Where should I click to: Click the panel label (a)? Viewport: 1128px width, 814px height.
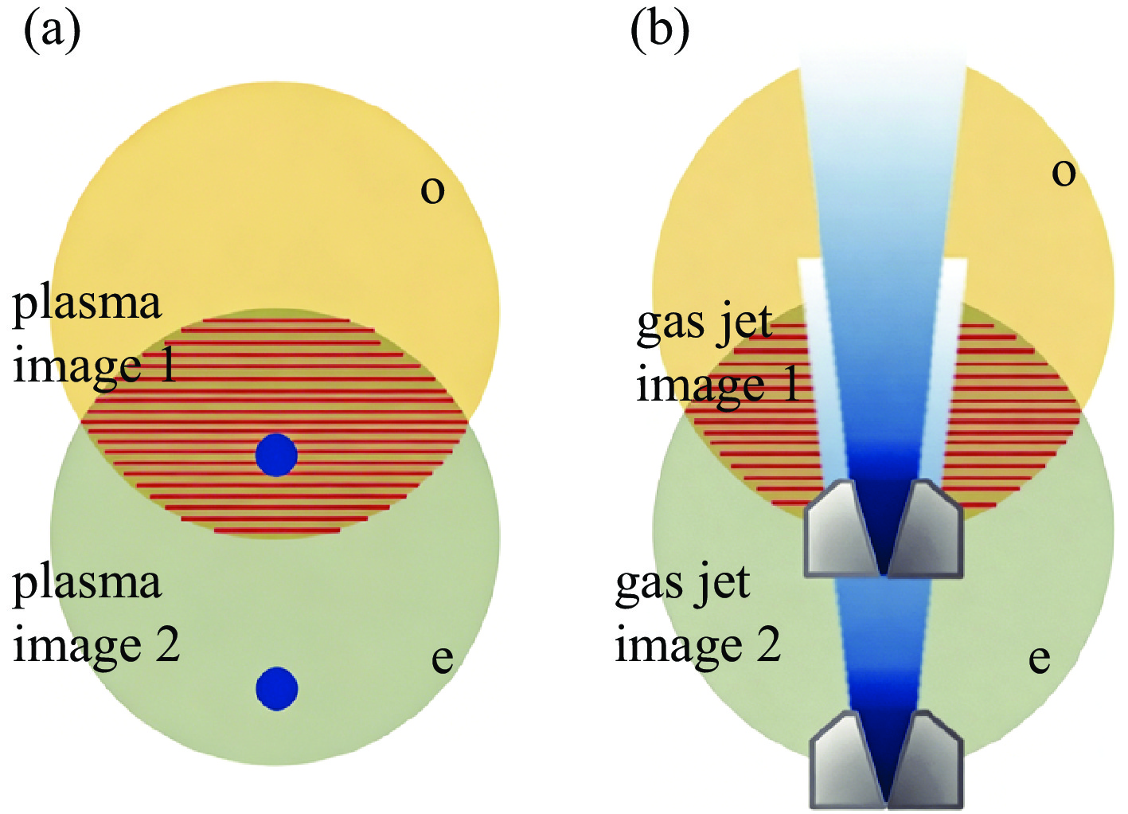pyautogui.click(x=53, y=32)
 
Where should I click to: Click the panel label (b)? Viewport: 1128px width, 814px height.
pyautogui.click(x=660, y=32)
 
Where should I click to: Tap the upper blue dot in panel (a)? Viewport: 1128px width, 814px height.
pyautogui.click(x=276, y=455)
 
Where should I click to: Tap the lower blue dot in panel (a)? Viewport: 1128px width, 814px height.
pyautogui.click(x=277, y=688)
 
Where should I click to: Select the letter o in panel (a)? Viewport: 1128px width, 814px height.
pyautogui.click(x=432, y=190)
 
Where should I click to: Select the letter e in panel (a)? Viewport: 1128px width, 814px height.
pyautogui.click(x=442, y=659)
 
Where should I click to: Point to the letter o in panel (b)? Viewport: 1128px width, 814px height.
pyautogui.click(x=1064, y=173)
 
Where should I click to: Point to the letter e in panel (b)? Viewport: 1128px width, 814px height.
pyautogui.click(x=1039, y=659)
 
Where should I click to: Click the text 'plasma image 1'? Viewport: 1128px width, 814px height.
pyautogui.click(x=94, y=335)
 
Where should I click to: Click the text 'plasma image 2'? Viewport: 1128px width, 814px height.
pyautogui.click(x=96, y=613)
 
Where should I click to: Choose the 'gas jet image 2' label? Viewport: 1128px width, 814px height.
pyautogui.click(x=697, y=613)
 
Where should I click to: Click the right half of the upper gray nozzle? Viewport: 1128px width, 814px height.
pyautogui.click(x=928, y=529)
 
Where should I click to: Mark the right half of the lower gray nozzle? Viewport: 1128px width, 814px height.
pyautogui.click(x=928, y=759)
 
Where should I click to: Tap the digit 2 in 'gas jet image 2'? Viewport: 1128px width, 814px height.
pyautogui.click(x=768, y=644)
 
